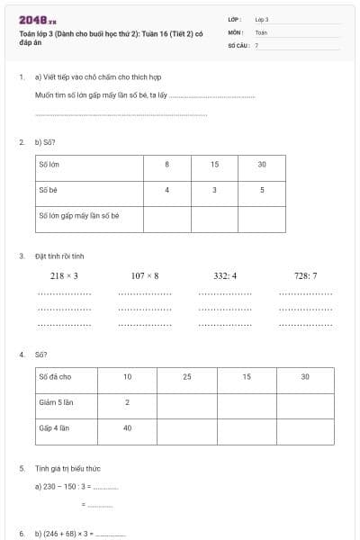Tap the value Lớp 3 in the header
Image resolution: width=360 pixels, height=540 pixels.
click(x=262, y=19)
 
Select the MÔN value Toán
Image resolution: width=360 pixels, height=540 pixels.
click(x=261, y=31)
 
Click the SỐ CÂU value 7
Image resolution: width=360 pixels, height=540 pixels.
click(x=256, y=44)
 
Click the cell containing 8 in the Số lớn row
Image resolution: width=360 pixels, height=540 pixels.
click(x=166, y=165)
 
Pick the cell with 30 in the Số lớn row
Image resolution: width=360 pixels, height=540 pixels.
click(x=262, y=165)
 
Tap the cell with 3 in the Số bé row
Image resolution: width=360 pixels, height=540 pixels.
click(x=214, y=190)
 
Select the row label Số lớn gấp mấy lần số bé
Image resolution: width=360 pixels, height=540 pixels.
click(x=79, y=216)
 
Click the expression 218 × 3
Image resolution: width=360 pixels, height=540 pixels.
click(x=64, y=275)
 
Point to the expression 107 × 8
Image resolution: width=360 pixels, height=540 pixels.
click(x=144, y=275)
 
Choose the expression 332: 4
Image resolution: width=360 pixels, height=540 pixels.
click(x=225, y=275)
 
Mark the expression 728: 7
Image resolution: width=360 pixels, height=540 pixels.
click(x=306, y=275)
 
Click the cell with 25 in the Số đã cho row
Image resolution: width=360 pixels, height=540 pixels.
click(x=187, y=376)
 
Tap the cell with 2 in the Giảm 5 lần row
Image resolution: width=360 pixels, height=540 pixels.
click(x=127, y=402)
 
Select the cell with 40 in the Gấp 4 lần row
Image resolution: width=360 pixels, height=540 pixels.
click(x=127, y=428)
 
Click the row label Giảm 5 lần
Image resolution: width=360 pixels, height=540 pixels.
click(x=54, y=402)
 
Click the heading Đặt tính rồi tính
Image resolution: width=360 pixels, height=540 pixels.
click(x=59, y=256)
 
